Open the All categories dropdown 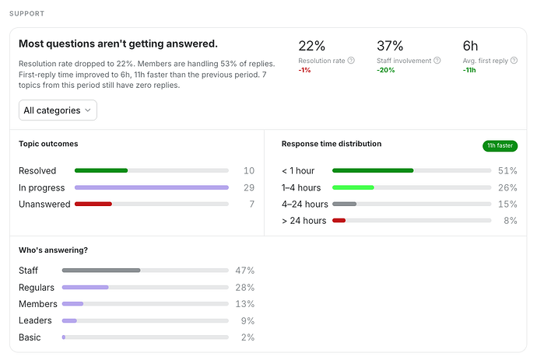pos(58,110)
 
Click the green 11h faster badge pos(500,145)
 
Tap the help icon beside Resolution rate pos(351,61)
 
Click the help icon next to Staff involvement pos(437,61)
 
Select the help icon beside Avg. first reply pos(514,61)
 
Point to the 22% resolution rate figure pos(311,46)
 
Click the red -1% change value pos(304,70)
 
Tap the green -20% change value pos(385,70)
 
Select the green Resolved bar pos(101,170)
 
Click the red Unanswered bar pos(93,204)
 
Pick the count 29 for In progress pos(249,187)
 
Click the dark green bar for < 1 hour pos(373,170)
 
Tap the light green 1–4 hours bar pos(353,187)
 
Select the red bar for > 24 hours pos(339,220)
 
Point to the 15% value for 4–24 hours pos(507,204)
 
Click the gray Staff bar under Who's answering pos(101,271)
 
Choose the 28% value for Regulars pos(245,288)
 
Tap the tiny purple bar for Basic pos(64,337)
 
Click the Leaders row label pos(35,320)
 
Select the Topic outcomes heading pos(48,144)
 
